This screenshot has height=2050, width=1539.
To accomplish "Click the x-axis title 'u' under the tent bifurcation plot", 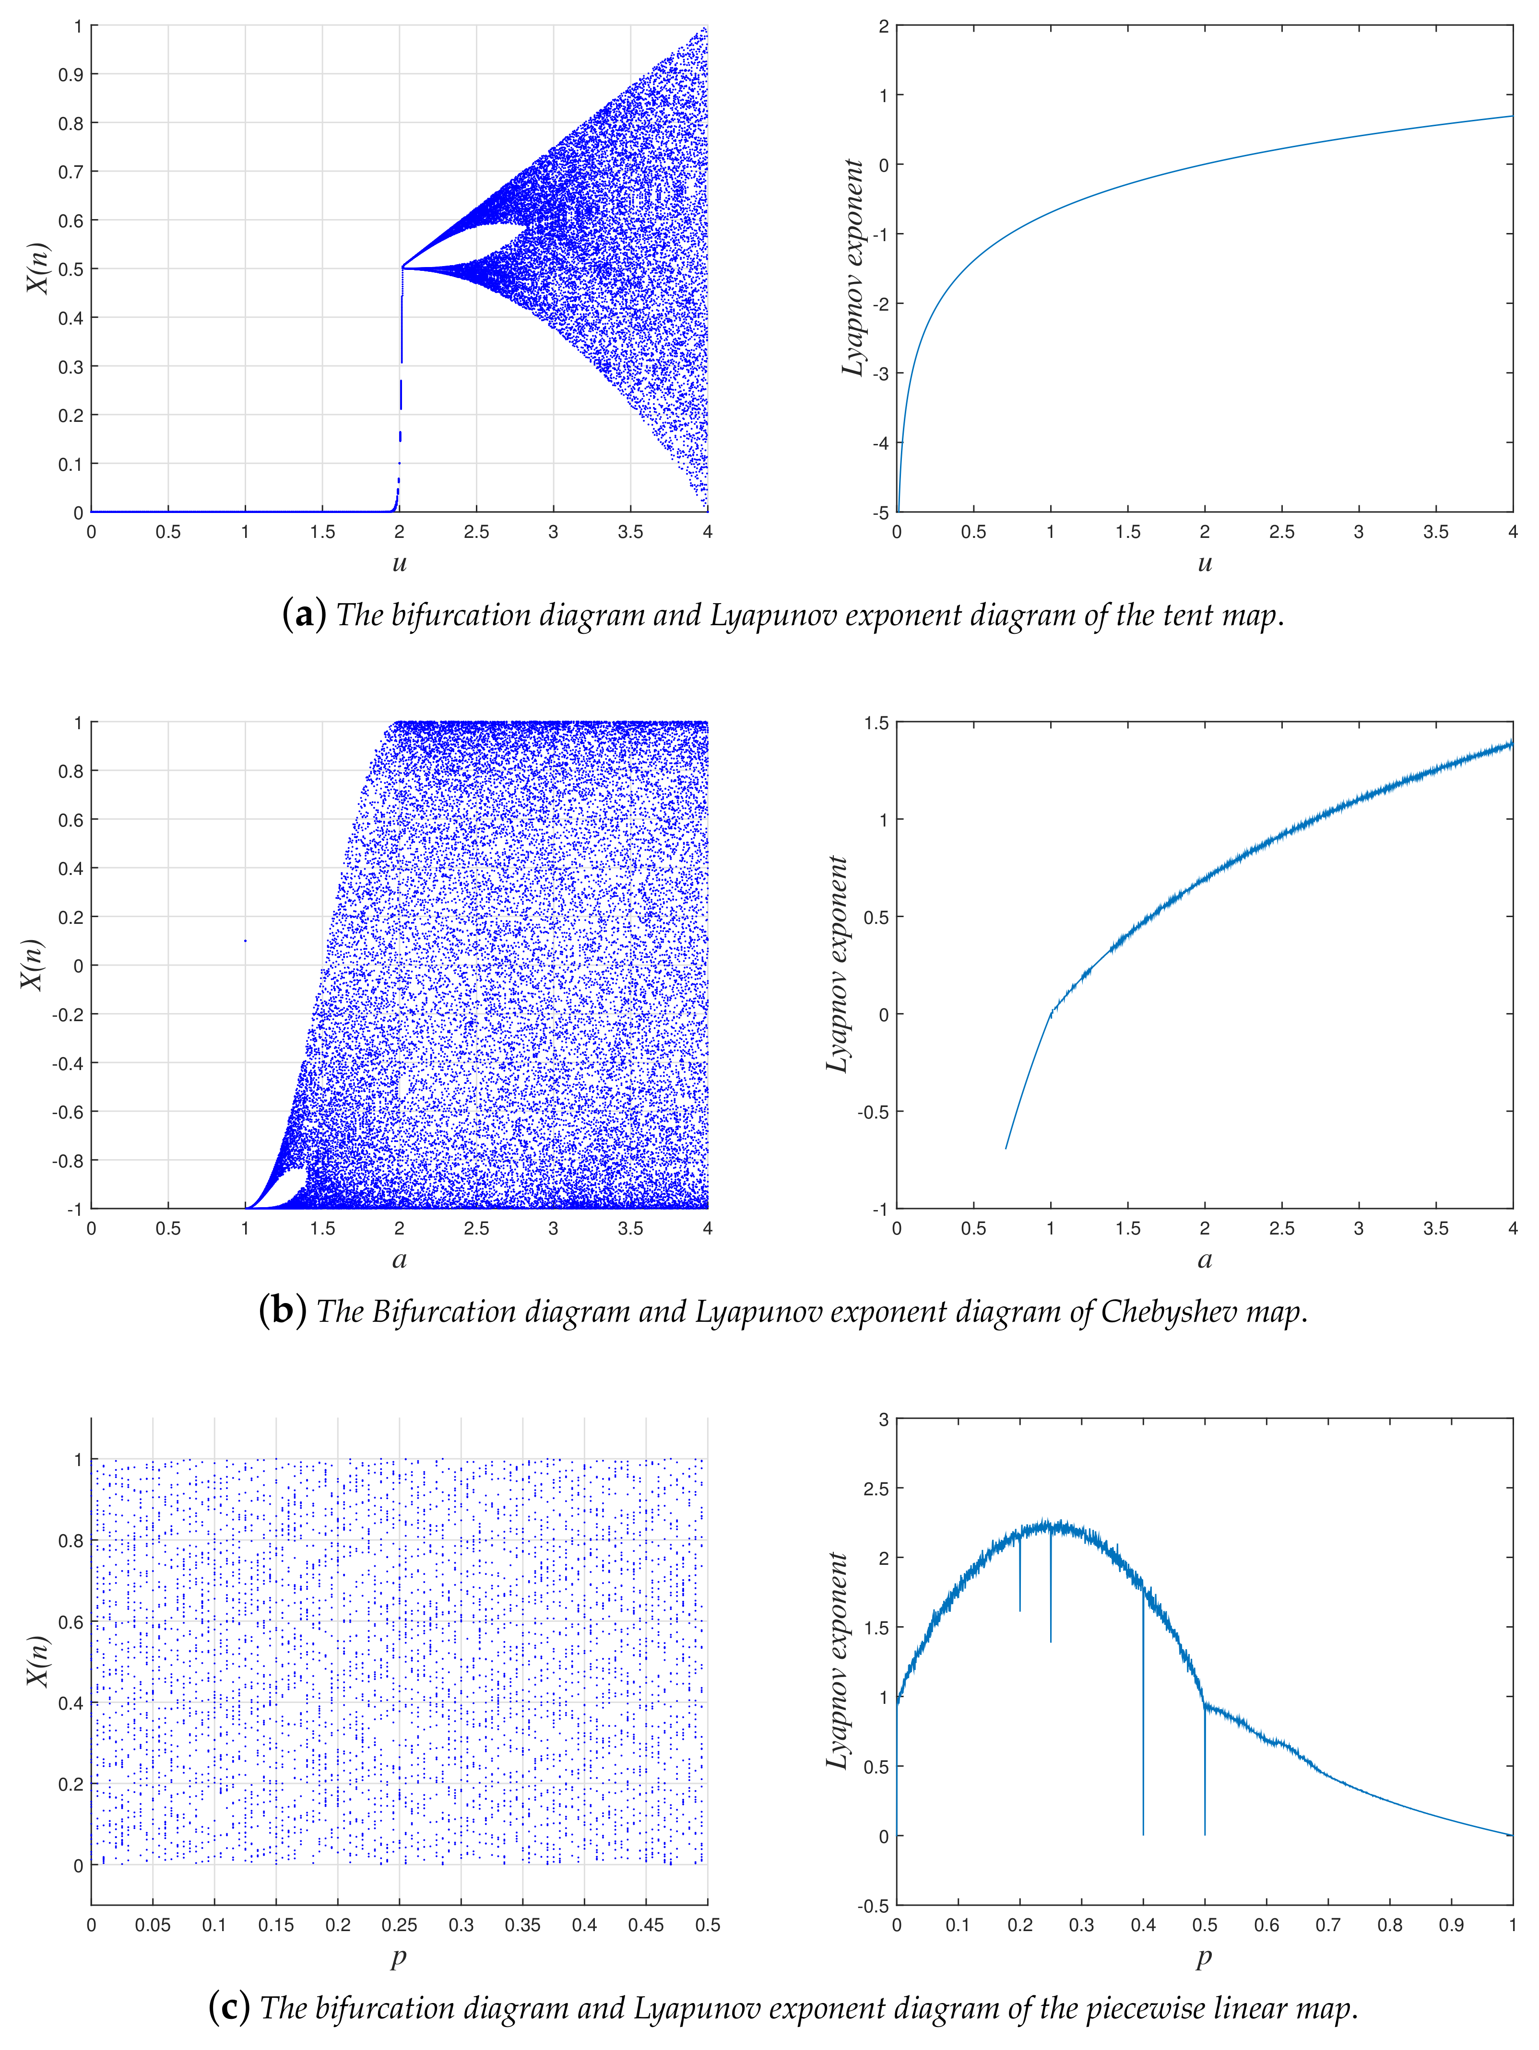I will (400, 562).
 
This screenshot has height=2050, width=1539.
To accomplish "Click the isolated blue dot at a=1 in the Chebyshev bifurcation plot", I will (245, 941).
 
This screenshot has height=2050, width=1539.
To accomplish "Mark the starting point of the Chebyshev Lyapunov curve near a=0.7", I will (1006, 1148).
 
